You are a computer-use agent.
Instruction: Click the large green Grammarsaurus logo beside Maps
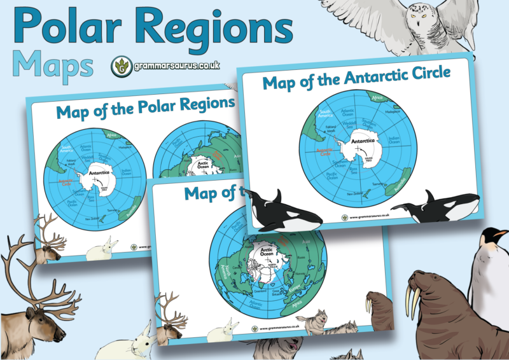coord(118,66)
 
